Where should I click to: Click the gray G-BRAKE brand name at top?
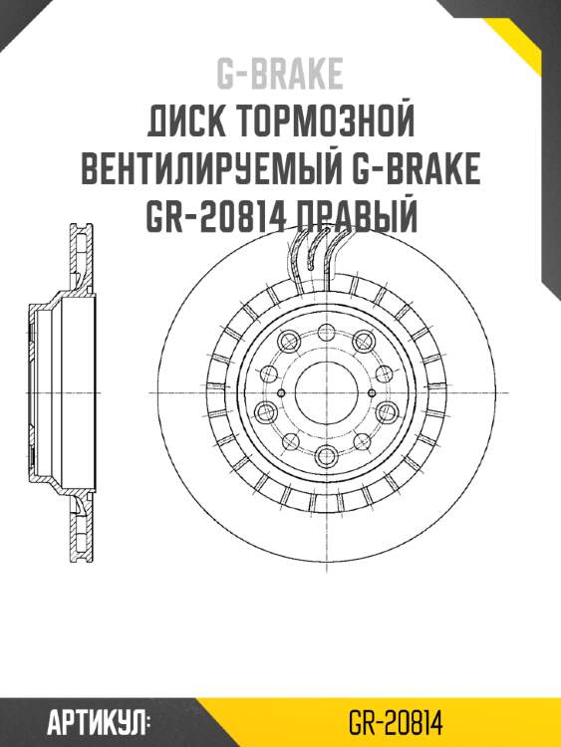pyautogui.click(x=280, y=73)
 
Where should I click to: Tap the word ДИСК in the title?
pyautogui.click(x=190, y=123)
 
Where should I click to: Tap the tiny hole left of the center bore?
pyautogui.click(x=283, y=392)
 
